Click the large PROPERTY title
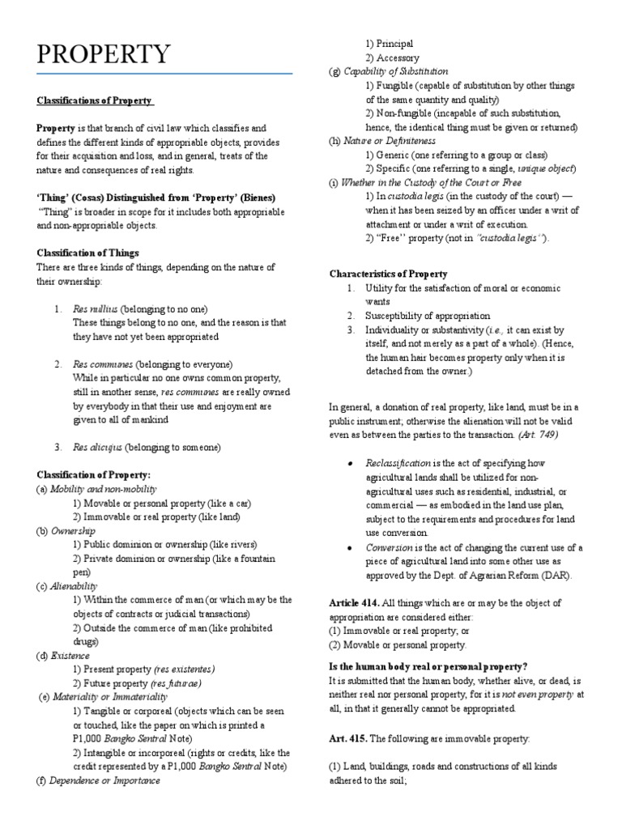tap(104, 55)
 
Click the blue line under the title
tap(164, 74)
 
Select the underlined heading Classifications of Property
tap(94, 100)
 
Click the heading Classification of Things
tap(88, 253)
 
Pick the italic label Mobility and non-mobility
tap(103, 489)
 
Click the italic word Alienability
tap(74, 586)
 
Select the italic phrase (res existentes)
tap(184, 670)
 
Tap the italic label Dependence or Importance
tap(104, 780)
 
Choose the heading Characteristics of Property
tap(388, 274)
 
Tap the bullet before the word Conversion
tap(349, 548)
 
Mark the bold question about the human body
tap(428, 666)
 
